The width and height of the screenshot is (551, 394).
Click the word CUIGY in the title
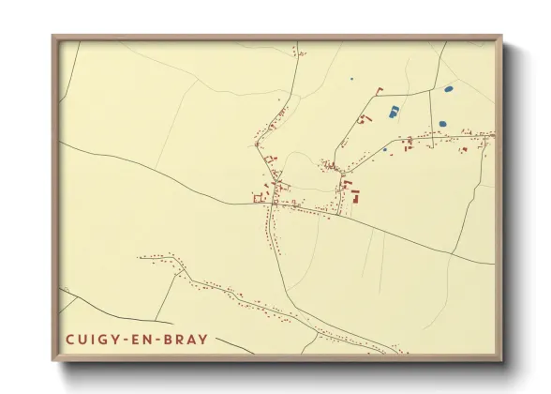[94, 339]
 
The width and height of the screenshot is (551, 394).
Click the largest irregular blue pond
[393, 112]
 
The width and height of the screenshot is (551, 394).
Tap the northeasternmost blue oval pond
[448, 89]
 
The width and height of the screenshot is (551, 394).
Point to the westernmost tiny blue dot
[350, 79]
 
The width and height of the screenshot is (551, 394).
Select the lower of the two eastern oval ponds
[442, 123]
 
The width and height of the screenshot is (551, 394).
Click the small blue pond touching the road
[385, 149]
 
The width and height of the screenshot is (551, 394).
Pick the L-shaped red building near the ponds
[380, 90]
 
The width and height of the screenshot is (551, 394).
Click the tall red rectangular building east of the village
[356, 197]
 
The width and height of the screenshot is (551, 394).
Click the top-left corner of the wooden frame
[54, 37]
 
